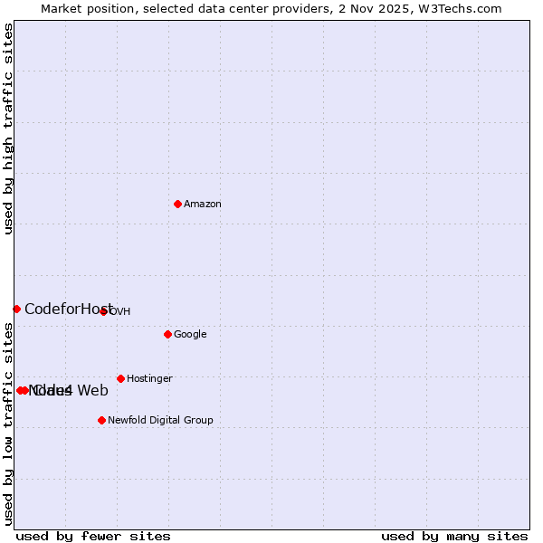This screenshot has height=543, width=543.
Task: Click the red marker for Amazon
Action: click(177, 204)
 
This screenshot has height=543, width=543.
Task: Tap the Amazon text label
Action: click(203, 205)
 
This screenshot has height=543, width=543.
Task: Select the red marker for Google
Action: click(167, 334)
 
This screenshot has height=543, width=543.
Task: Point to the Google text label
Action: click(190, 335)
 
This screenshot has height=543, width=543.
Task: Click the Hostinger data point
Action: click(120, 378)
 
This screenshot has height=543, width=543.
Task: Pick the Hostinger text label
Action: click(149, 379)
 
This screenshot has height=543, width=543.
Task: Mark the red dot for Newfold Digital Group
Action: click(101, 420)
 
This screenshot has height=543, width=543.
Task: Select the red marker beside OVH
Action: click(103, 311)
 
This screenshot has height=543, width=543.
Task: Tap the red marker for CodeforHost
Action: click(16, 309)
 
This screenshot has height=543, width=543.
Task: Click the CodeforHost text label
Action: click(69, 310)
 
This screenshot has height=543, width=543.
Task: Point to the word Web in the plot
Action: click(92, 391)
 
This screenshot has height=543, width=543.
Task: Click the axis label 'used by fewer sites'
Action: click(93, 537)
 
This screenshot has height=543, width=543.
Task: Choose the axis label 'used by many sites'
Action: click(454, 537)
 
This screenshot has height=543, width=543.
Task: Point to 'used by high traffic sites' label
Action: click(9, 129)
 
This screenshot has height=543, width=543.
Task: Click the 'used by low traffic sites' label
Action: click(9, 424)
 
